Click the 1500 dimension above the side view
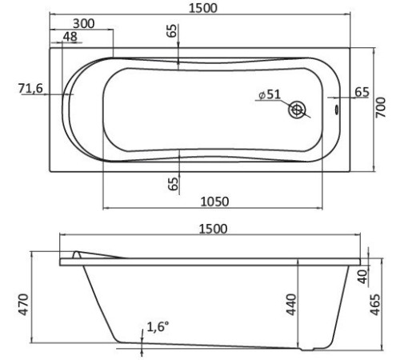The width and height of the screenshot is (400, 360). click(x=211, y=229)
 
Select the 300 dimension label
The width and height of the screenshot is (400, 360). click(x=82, y=24)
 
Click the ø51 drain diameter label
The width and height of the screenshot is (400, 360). click(x=269, y=94)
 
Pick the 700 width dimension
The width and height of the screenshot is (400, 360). click(x=386, y=109)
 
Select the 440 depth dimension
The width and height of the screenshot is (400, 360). click(x=292, y=304)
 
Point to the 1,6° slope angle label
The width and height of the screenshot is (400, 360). click(x=159, y=326)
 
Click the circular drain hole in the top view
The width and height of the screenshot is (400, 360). click(x=299, y=109)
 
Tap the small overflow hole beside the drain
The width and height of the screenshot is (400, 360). click(x=335, y=109)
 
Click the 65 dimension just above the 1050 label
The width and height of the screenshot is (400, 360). click(x=173, y=183)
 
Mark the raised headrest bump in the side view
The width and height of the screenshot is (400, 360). click(x=78, y=254)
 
